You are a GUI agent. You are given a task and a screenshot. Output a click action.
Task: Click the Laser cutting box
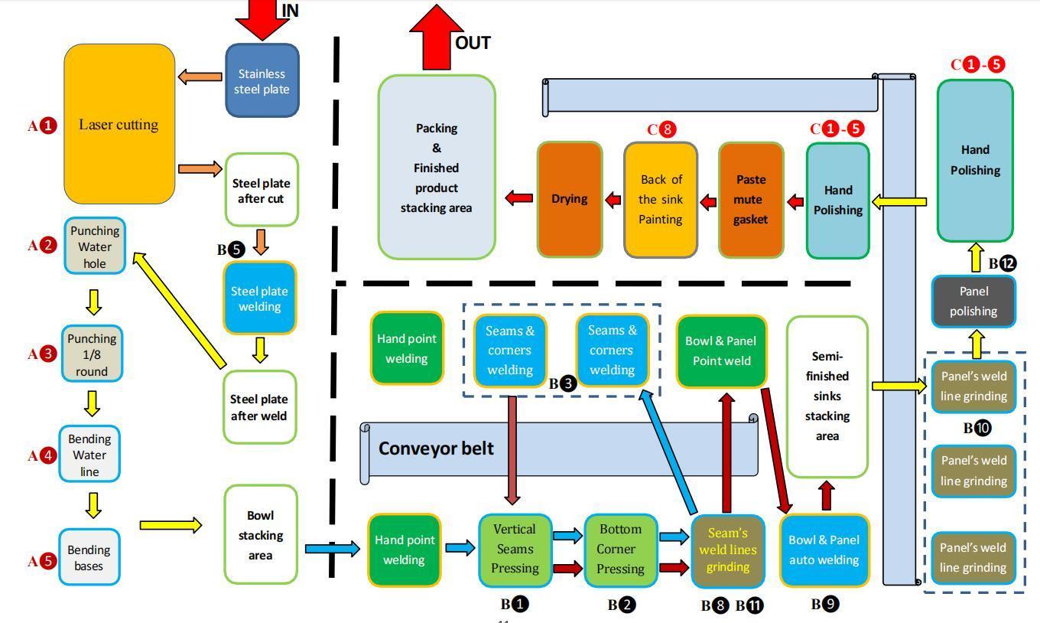pos(119,124)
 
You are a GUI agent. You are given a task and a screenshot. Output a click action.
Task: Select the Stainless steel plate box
pos(262,81)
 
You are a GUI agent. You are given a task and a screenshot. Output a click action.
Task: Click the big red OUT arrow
pos(436,38)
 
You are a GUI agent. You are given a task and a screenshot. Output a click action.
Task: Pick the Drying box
pos(570,199)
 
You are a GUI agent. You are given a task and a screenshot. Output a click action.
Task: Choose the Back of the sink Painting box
pos(661,199)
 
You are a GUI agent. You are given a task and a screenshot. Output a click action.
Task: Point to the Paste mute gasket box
pos(751,199)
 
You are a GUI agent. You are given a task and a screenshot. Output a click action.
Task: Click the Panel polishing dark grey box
pos(973,301)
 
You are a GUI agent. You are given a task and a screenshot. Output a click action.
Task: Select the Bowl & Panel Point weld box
pos(721,351)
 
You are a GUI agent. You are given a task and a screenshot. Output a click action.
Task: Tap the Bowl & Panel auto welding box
pos(824,550)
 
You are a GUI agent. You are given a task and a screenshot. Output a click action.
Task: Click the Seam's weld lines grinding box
pos(727,550)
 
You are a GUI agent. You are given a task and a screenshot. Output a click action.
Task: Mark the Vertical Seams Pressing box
pos(515,550)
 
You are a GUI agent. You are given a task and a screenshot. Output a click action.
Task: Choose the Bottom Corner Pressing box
pos(620,550)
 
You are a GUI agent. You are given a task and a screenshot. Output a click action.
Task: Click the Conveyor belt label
pos(436,448)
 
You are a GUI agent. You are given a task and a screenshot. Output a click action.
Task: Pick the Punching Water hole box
pos(95,246)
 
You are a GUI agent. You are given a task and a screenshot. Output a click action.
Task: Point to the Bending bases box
pos(89,558)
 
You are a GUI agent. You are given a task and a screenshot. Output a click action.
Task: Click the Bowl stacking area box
pos(261,534)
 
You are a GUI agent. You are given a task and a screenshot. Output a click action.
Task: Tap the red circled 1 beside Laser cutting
pos(48,126)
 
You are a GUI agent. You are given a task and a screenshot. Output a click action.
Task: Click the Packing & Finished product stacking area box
pos(437,167)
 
